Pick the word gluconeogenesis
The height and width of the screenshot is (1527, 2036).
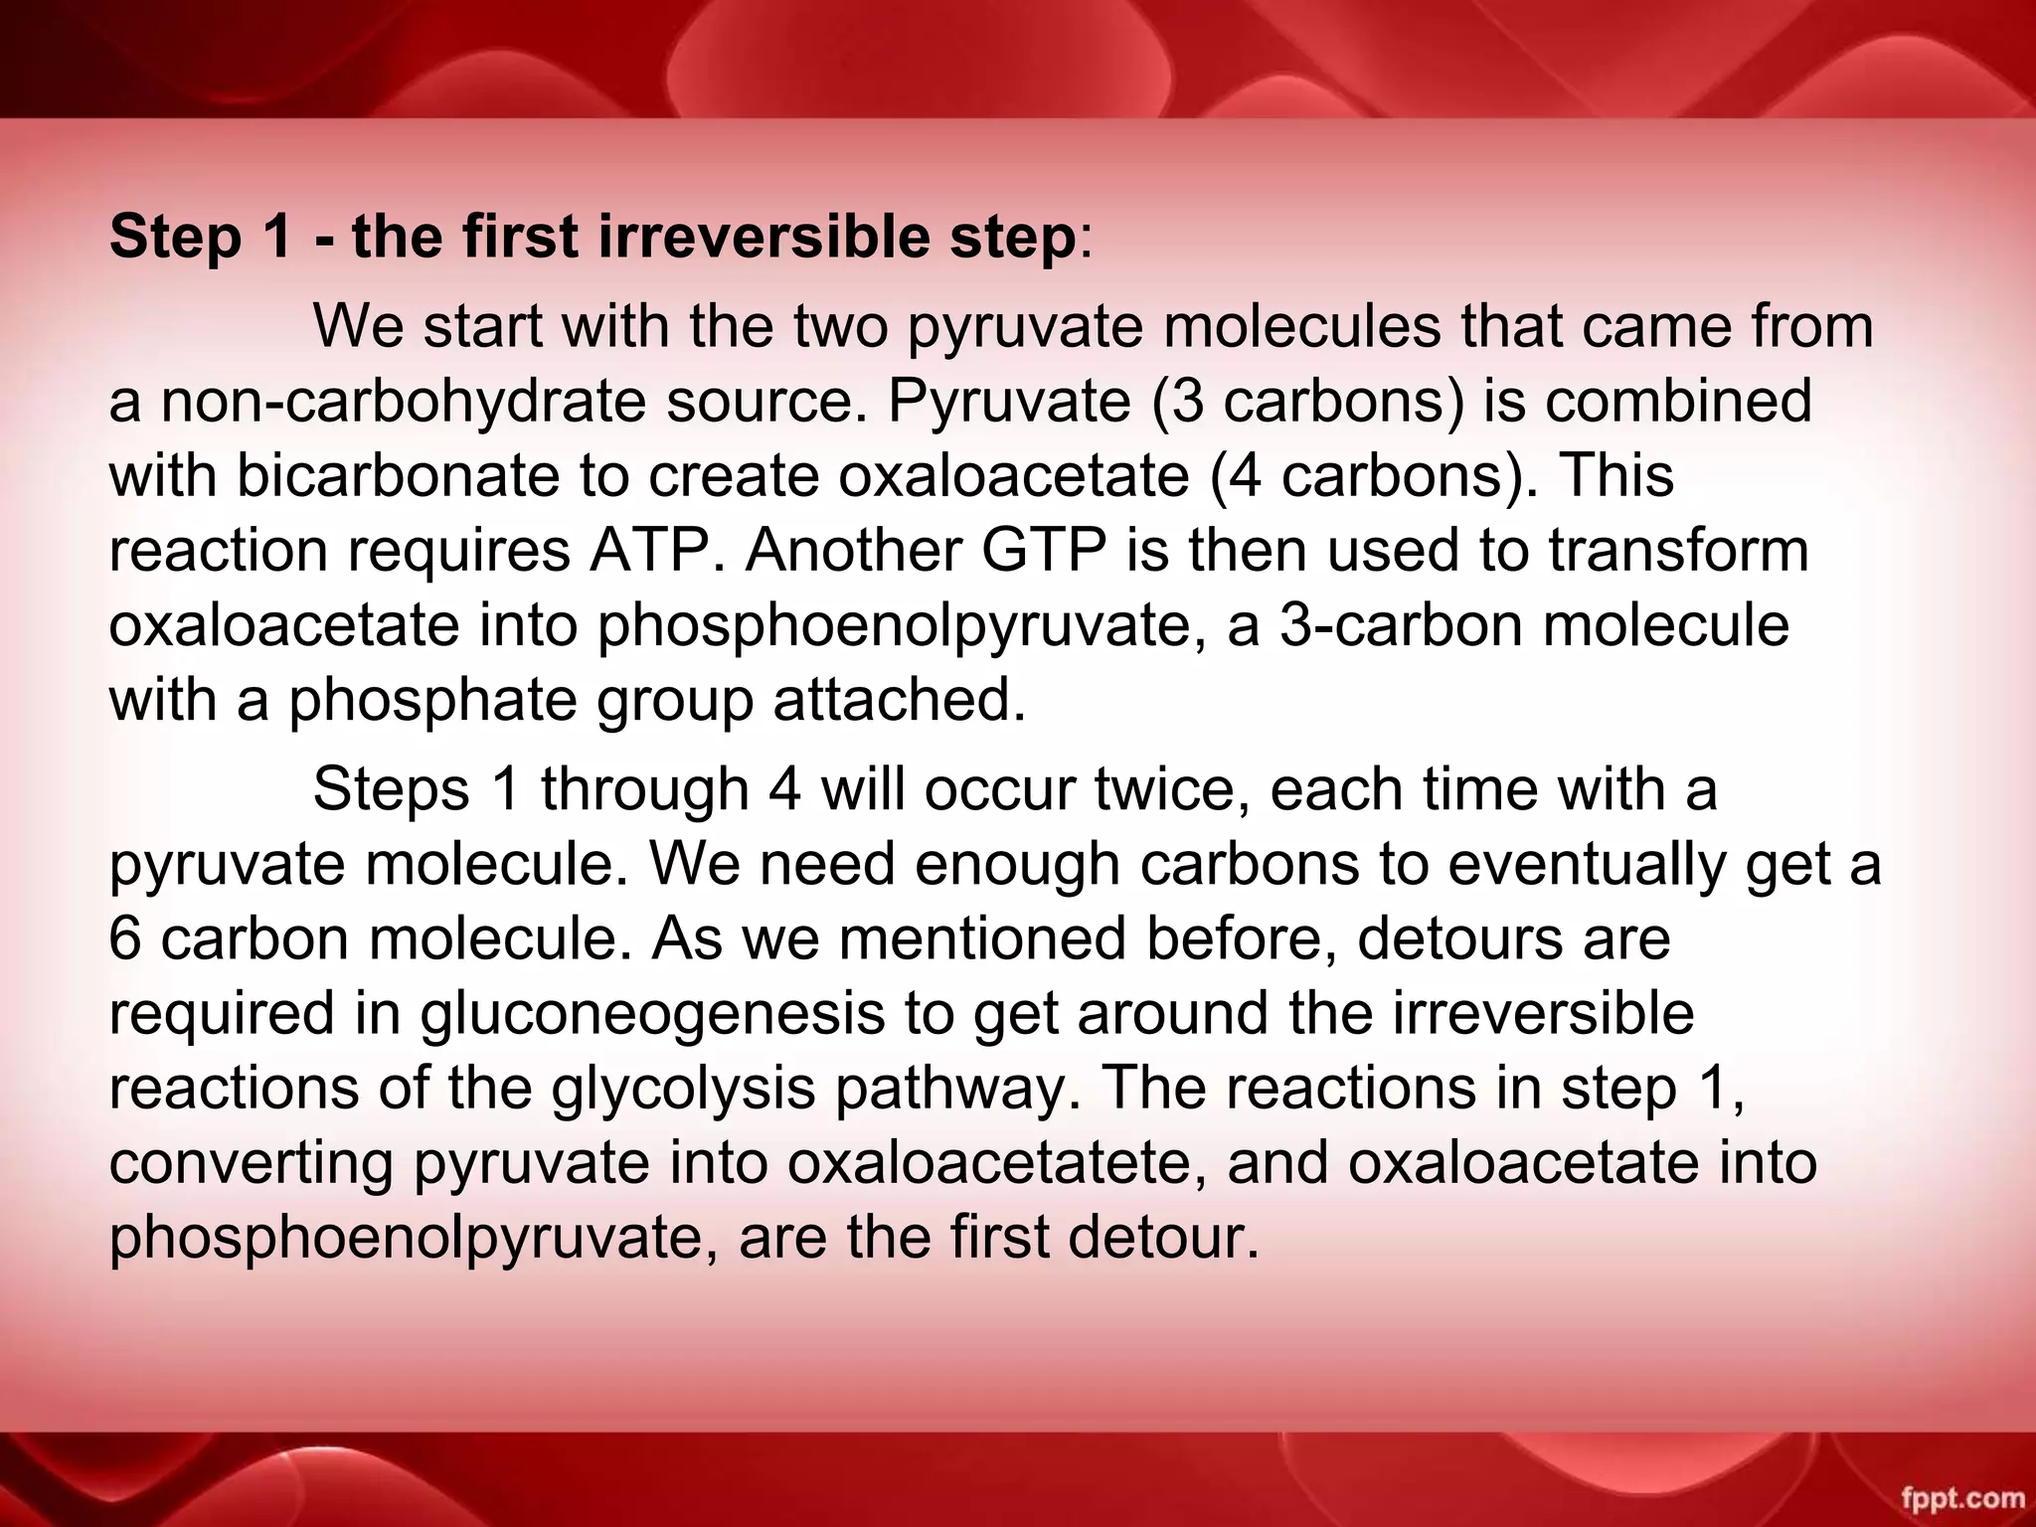[x=651, y=1013]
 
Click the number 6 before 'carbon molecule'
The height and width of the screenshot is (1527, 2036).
[x=125, y=938]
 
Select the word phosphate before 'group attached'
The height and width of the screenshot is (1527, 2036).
[x=432, y=700]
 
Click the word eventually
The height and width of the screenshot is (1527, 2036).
[x=1586, y=864]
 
